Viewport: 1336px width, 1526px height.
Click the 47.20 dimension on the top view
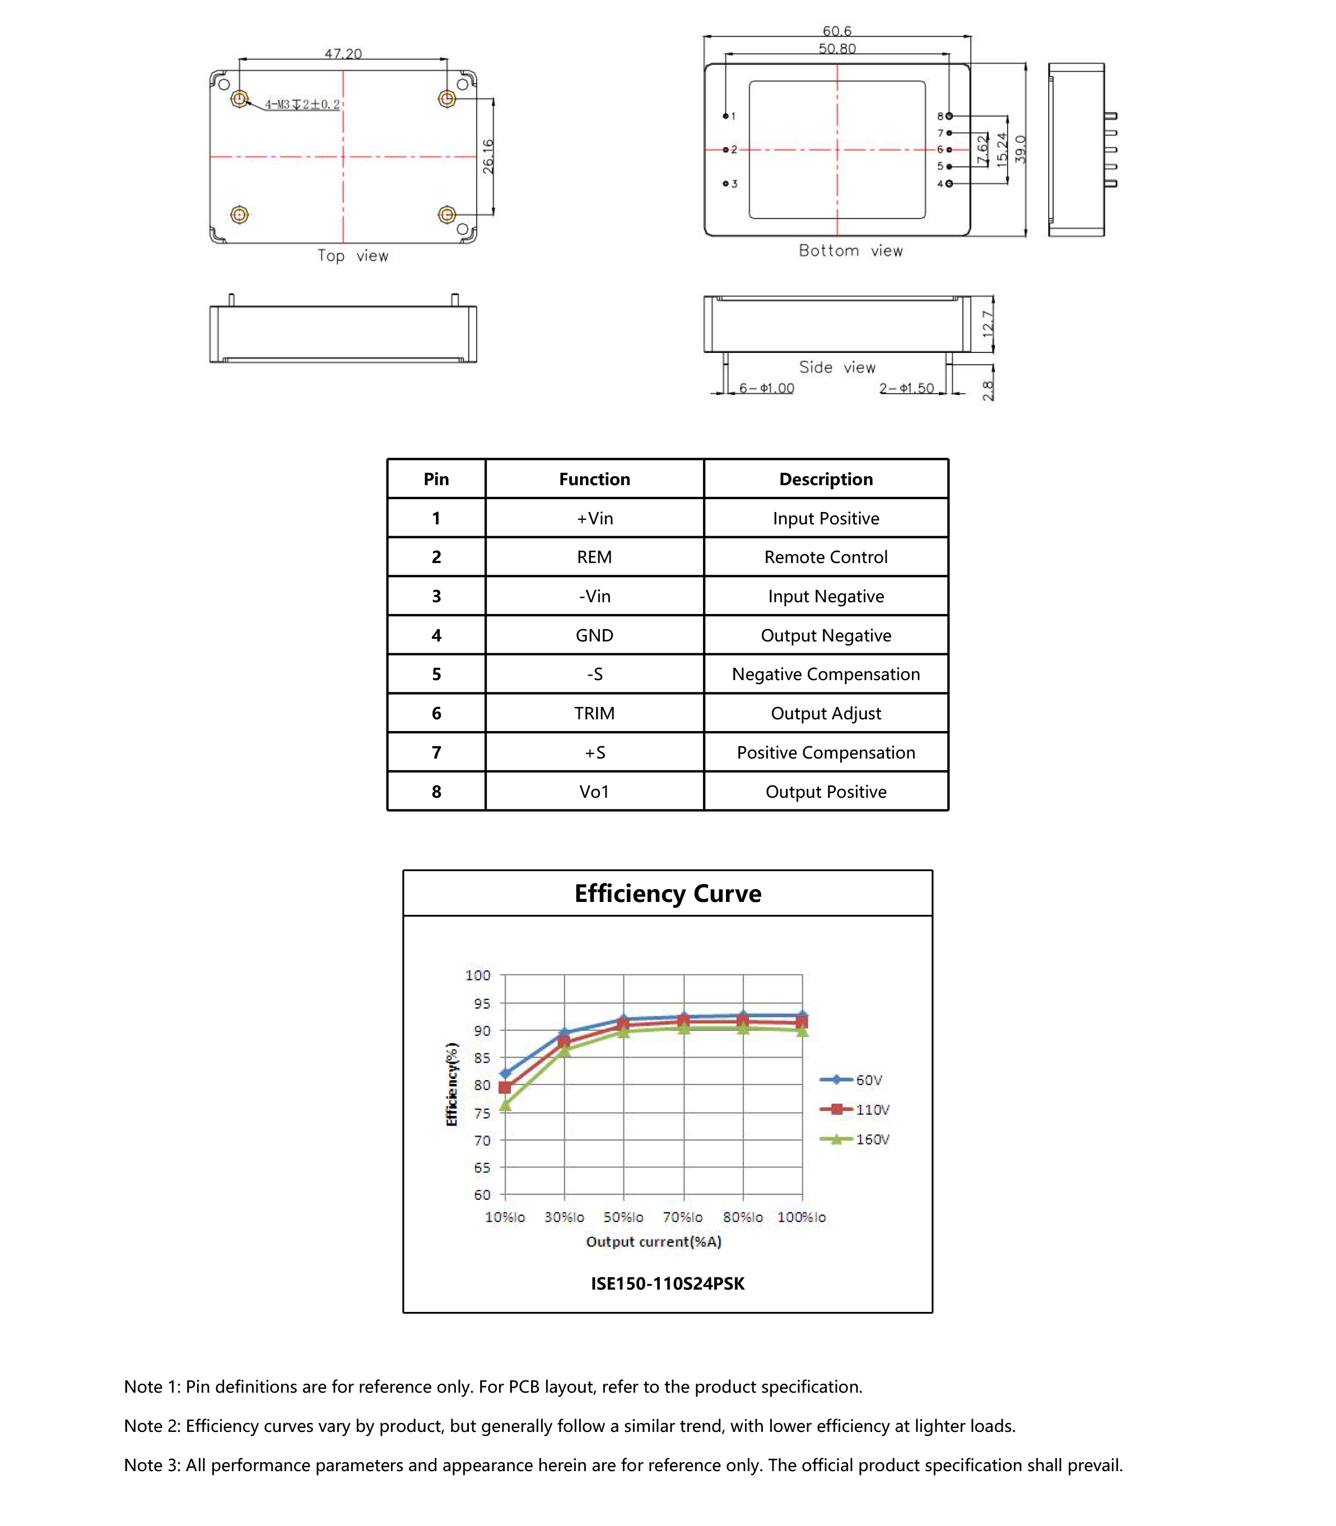[343, 54]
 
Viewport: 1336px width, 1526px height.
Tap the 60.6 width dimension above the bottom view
[836, 31]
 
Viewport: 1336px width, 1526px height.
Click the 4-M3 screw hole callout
[302, 104]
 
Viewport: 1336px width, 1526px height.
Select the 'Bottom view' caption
[851, 250]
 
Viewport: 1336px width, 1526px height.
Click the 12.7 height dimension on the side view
[988, 324]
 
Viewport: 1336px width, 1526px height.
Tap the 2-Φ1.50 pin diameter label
[906, 388]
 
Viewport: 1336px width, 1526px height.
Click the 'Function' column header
[594, 480]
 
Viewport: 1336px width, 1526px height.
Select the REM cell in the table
[594, 557]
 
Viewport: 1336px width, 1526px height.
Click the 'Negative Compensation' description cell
[825, 674]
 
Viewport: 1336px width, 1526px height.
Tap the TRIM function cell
[594, 714]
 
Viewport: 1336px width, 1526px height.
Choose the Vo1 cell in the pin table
[594, 792]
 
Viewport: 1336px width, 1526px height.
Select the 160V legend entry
[872, 1139]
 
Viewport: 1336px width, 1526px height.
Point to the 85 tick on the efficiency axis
[482, 1058]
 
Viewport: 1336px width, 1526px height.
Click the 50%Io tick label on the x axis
[623, 1217]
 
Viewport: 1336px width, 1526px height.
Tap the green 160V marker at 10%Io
[505, 1105]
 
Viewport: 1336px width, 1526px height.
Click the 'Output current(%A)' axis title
[653, 1241]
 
